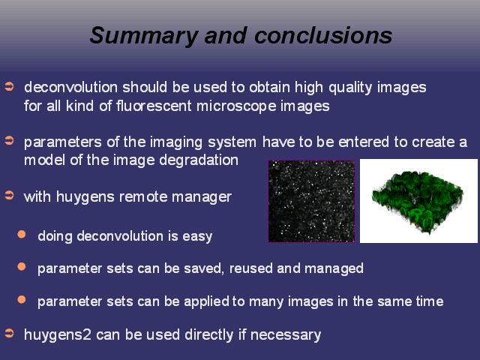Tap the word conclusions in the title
323,35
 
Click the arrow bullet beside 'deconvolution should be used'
10,87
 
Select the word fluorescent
154,106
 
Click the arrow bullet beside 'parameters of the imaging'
10,141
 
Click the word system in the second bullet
232,142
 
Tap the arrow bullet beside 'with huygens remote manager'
10,195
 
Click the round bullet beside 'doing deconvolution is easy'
22,235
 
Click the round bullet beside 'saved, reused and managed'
22,267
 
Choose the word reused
250,268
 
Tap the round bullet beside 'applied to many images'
22,299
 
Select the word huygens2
58,335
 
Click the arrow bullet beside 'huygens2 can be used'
10,333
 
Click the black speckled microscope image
311,201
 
